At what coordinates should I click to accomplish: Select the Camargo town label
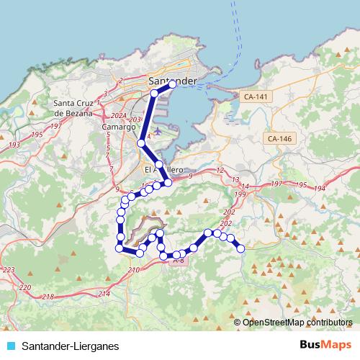coord(119,127)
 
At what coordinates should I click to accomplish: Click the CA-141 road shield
coord(255,96)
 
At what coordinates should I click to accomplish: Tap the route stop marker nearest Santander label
coord(172,84)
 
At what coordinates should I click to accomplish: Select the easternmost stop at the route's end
coord(240,248)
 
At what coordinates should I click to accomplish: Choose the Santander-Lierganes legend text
coord(71,346)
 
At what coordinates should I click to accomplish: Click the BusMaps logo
coord(325,346)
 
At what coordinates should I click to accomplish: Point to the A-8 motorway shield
coord(179,261)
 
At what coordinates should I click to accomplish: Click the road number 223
coord(9,270)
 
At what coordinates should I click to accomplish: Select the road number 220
coord(26,287)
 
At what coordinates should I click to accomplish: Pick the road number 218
coord(48,297)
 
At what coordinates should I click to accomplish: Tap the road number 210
coord(133,270)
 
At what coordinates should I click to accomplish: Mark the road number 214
coord(104,293)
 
